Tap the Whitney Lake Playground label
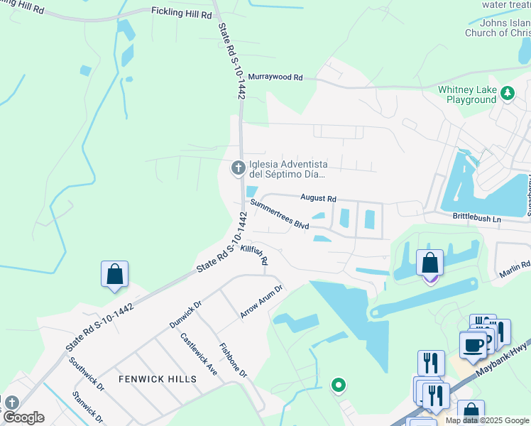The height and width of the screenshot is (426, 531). pos(466,94)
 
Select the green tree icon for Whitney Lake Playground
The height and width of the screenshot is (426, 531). pos(508,93)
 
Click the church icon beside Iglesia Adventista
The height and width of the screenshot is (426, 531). pos(239,168)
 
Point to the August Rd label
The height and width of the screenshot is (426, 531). pos(318,199)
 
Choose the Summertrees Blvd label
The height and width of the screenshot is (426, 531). pos(280,214)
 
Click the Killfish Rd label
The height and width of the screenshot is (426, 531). pos(254,255)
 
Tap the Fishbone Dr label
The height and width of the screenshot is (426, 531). pos(233,361)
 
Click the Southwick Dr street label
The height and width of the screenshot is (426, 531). pos(87,373)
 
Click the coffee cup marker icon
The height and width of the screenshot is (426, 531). pos(473,345)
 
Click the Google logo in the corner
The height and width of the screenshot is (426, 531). pos(23,417)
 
